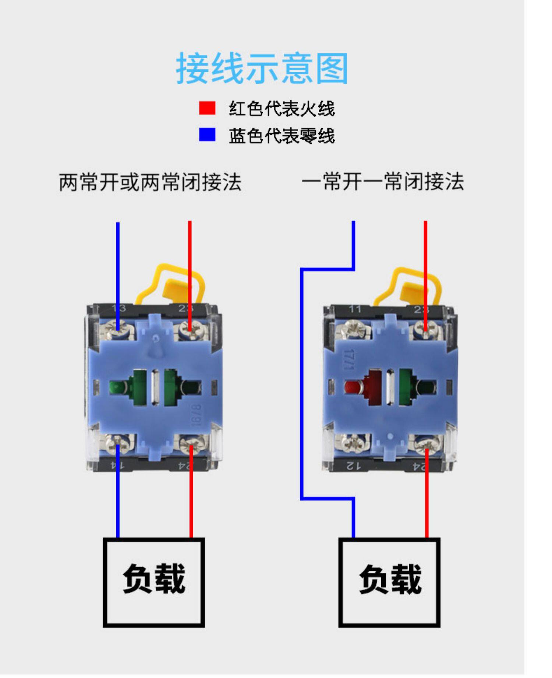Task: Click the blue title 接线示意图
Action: (262, 68)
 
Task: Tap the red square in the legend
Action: (207, 108)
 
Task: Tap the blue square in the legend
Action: (207, 134)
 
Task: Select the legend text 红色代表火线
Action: (282, 109)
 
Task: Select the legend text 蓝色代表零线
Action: (282, 136)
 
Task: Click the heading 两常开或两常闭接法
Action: (150, 182)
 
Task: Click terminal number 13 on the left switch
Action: (118, 308)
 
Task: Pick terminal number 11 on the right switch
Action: (355, 309)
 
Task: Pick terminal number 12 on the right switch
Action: (354, 466)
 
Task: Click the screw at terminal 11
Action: (353, 330)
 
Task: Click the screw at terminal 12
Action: (353, 443)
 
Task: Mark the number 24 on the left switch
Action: (184, 466)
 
